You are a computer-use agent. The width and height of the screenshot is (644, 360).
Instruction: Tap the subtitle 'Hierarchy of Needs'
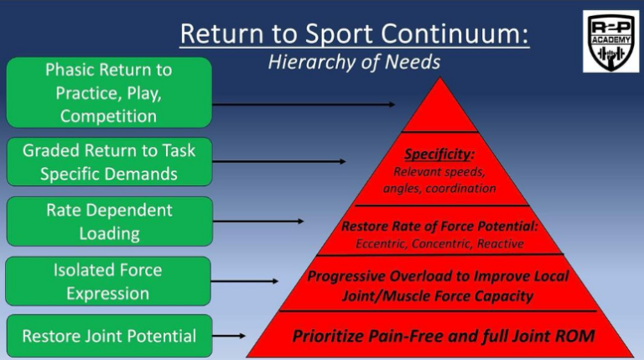click(354, 62)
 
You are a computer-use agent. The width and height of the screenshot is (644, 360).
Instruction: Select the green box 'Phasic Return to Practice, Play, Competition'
click(108, 92)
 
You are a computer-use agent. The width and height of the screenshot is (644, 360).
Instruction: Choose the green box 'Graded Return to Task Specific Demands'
click(108, 162)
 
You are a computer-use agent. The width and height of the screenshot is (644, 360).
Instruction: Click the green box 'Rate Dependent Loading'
click(108, 222)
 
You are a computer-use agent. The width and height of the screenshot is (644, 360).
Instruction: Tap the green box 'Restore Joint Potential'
click(108, 336)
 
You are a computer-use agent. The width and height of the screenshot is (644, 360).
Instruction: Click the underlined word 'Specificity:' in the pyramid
click(439, 154)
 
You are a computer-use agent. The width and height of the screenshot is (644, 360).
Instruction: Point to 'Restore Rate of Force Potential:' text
click(439, 227)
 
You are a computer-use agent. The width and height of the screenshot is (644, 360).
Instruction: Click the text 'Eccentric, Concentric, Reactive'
click(439, 243)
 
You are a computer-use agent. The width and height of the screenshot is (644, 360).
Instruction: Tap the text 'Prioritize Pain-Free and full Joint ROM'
click(443, 337)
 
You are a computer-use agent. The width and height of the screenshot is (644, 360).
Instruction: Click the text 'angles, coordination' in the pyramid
click(439, 188)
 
